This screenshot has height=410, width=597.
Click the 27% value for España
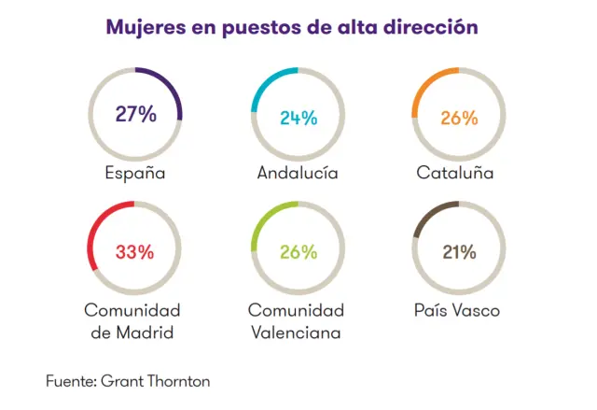135,114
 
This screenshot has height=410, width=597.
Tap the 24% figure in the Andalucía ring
298,118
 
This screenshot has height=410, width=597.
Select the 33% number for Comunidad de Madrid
135,251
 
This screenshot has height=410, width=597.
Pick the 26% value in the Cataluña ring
459,118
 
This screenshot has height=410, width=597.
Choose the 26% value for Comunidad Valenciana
298,251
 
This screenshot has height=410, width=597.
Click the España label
135,173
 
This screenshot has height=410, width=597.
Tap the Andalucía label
298,173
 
